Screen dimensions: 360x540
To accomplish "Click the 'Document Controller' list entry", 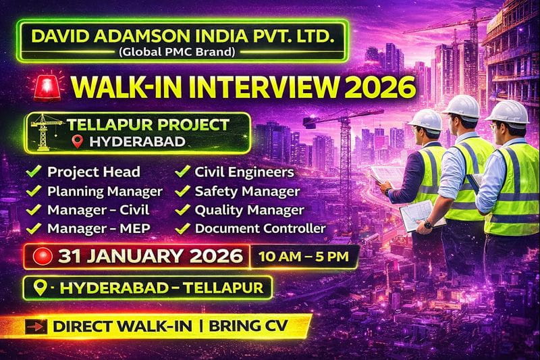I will pos(260,229).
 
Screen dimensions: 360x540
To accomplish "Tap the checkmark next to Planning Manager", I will pos(32,191).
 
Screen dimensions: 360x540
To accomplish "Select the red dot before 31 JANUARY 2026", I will pos(47,257).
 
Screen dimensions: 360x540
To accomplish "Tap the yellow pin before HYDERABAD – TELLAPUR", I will pos(41,288).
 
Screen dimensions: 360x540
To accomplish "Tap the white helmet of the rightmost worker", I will pos(507,109).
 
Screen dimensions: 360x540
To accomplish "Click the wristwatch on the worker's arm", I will pos(427,224).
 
